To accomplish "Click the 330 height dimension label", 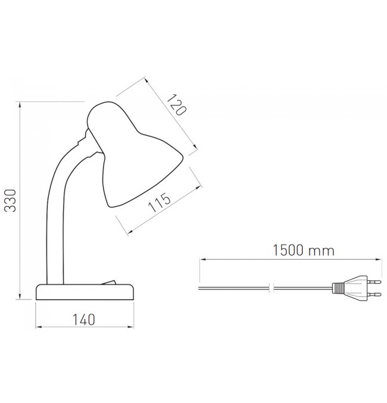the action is (11, 201).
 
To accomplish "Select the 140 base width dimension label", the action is (84, 320).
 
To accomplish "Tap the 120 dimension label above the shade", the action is (176, 105).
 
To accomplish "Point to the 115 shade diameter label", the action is (160, 202).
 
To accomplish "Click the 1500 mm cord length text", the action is (303, 251).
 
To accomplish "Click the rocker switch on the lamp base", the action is (109, 282).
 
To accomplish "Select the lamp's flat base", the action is (85, 292).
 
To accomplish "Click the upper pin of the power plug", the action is (374, 282).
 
